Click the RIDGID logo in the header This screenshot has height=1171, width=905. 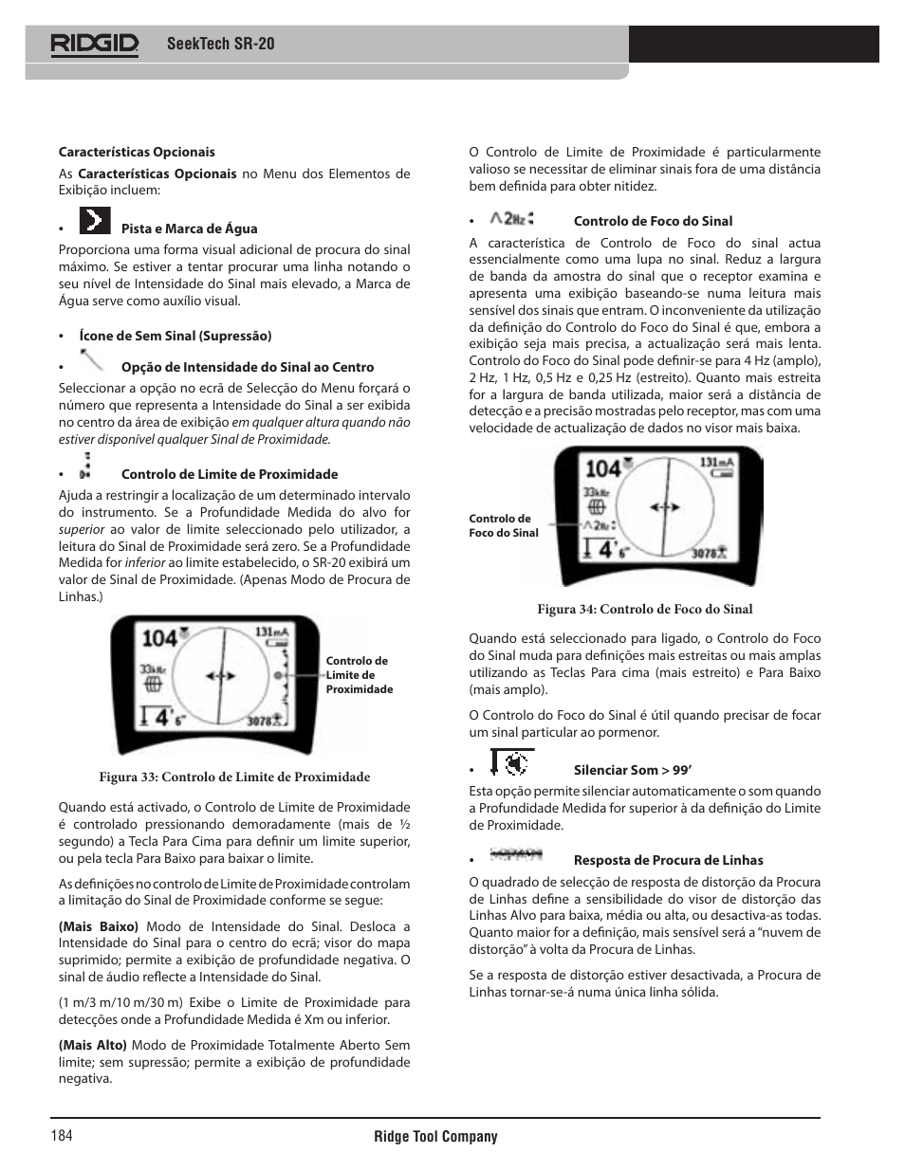[x=95, y=44]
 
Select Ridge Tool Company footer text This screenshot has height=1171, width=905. [x=435, y=1136]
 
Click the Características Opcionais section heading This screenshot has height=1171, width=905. [x=137, y=152]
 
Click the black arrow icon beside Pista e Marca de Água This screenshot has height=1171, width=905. [x=95, y=221]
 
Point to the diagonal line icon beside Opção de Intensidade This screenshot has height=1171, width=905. [x=92, y=360]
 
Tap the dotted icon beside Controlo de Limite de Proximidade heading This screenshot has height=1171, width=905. [x=86, y=465]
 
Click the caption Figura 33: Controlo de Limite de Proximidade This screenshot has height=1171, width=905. [x=234, y=777]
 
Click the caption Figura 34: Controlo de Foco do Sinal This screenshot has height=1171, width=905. [x=644, y=609]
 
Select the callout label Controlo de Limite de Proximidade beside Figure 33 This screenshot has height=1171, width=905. [x=359, y=675]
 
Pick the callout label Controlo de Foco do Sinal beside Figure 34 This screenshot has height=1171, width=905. [x=504, y=525]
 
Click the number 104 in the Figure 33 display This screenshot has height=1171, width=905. [x=159, y=638]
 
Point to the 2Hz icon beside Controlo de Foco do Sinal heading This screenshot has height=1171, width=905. [x=513, y=218]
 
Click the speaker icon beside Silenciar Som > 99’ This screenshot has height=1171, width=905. [x=512, y=762]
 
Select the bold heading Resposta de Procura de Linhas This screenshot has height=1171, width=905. [x=668, y=860]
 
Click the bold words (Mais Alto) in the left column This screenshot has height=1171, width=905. [x=92, y=1045]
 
